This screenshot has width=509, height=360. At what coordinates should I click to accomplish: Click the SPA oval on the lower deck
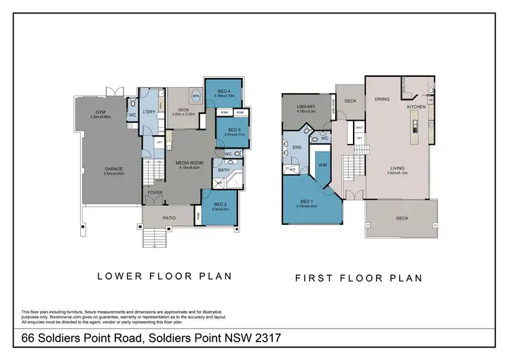(196, 97)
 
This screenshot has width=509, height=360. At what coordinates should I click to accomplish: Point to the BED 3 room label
(235, 130)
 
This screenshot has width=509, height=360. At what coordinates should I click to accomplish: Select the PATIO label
(169, 217)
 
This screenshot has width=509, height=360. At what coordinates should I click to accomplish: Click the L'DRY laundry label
(149, 111)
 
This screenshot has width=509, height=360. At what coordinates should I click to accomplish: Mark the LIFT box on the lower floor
(159, 143)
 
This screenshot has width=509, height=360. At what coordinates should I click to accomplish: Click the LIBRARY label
(307, 107)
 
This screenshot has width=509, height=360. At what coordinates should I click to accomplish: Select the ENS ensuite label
(296, 146)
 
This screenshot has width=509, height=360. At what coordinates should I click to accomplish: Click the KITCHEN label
(416, 107)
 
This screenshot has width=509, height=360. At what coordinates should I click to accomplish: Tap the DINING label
(382, 99)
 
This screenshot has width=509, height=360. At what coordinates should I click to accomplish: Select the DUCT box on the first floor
(360, 127)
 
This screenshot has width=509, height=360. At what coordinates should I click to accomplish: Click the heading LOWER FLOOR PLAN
(165, 276)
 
